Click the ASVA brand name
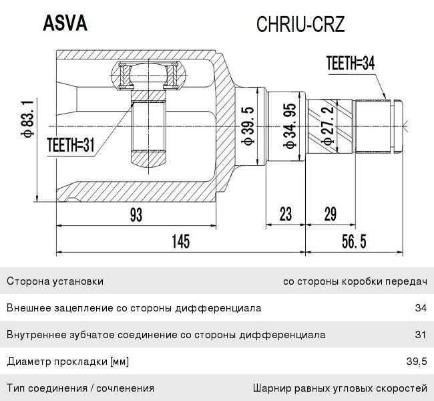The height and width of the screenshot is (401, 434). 65,23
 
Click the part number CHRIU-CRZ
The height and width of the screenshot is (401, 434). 300,24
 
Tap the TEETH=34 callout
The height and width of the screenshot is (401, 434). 351,63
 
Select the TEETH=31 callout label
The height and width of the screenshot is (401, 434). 71,145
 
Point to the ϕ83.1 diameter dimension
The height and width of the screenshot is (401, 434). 27,119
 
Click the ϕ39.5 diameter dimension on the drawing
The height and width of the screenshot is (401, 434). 247,126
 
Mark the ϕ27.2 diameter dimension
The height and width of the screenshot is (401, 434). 328,126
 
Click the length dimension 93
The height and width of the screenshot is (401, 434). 136,215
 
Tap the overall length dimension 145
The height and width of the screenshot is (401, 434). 181,241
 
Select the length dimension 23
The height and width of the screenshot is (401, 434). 286,215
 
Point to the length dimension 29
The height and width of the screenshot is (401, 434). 330,215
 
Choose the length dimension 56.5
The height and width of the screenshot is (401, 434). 354,241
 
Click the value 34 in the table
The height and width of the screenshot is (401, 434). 421,308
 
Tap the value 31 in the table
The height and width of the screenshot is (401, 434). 421,334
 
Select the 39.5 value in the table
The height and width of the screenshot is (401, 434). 417,362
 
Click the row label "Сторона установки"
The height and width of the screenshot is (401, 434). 55,281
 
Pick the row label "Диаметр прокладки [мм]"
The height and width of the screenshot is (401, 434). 68,362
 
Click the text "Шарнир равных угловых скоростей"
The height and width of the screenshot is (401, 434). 340,388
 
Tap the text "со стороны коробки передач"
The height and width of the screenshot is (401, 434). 355,282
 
